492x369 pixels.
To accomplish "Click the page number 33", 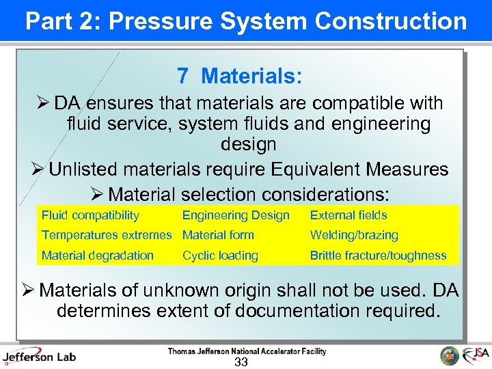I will tap(241, 362).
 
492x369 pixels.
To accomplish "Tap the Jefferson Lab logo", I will tap(39, 356).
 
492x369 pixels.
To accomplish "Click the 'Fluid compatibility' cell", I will tap(90, 215).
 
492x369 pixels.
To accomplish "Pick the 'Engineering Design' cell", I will tap(236, 215).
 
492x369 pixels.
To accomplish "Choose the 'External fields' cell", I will tap(348, 215).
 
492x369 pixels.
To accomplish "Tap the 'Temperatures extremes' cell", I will tap(107, 235).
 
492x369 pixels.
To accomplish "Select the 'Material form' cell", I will tap(218, 235).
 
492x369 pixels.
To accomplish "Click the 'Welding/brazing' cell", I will tap(354, 235).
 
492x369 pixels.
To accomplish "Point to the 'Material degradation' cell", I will tap(98, 256).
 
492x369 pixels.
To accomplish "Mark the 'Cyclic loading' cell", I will tap(220, 256).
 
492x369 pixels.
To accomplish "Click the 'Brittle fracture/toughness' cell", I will tap(378, 256).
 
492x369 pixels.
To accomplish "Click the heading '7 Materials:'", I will tap(239, 76).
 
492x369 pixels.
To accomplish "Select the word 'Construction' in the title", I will tap(391, 21).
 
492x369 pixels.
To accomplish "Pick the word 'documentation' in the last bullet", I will tap(302, 311).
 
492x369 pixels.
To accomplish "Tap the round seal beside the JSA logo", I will tap(450, 355).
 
